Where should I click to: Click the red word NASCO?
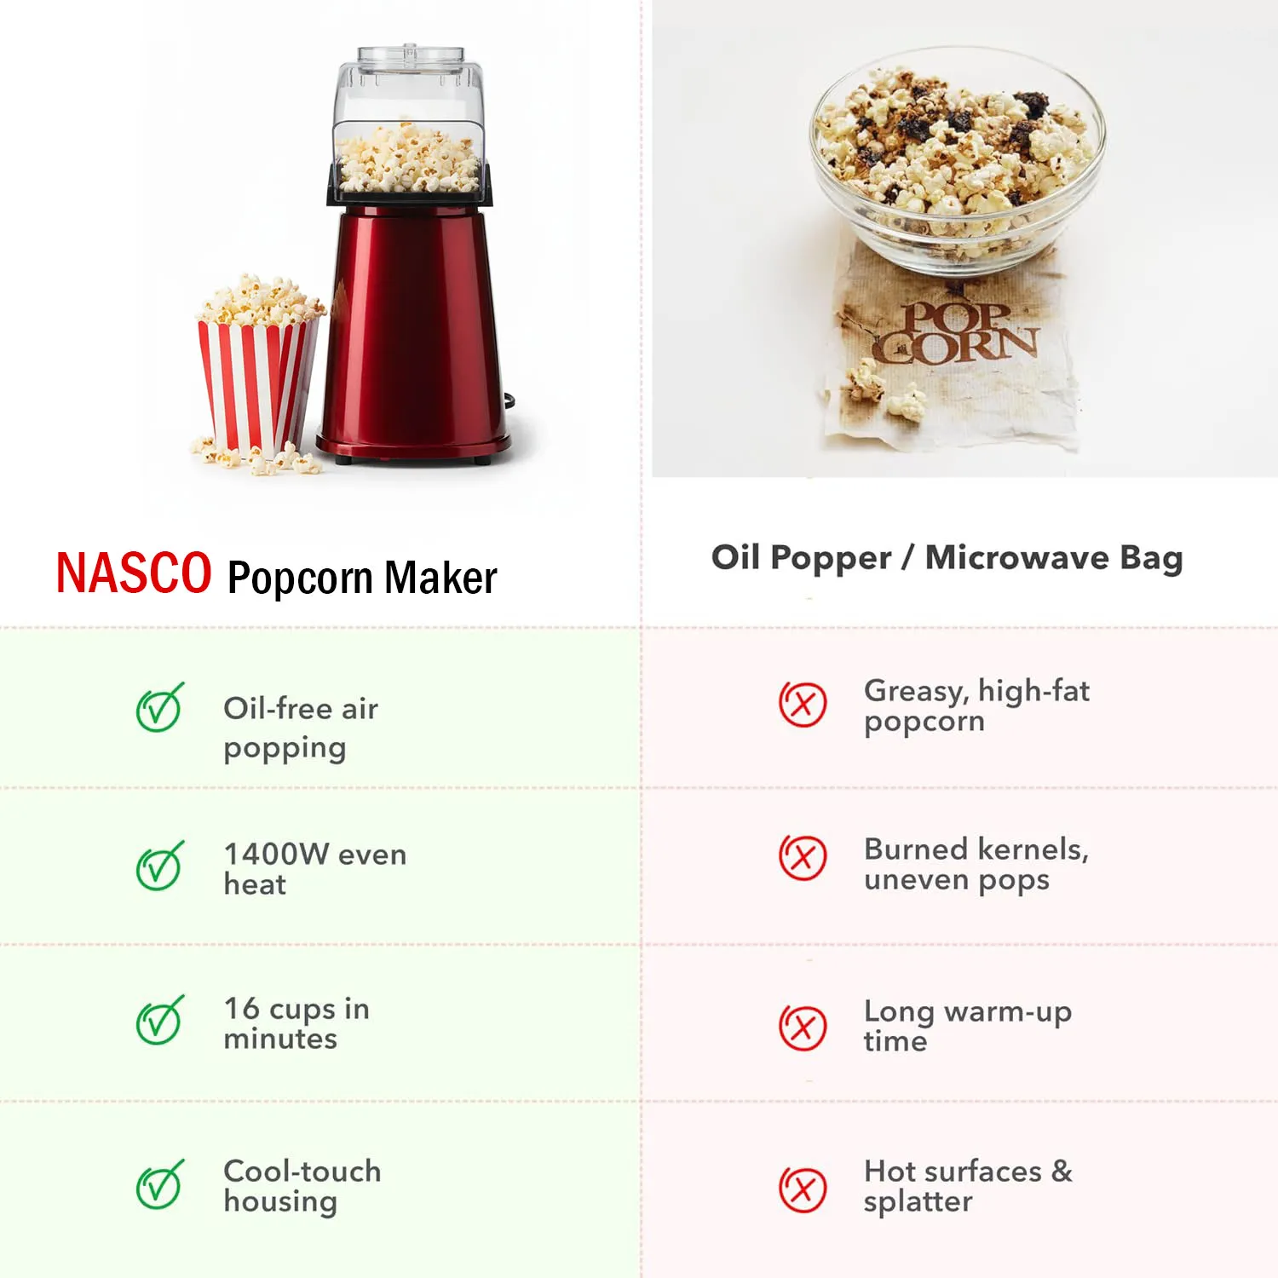(x=134, y=573)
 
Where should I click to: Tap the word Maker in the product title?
(x=440, y=578)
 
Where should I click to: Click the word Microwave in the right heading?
(x=1017, y=558)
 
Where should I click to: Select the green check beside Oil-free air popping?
(x=159, y=707)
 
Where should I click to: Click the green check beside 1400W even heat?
(x=159, y=866)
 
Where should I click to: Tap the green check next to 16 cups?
(x=159, y=1021)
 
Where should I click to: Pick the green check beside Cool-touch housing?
(x=159, y=1184)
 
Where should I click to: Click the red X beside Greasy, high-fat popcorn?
(x=803, y=704)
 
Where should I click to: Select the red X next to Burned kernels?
(x=803, y=857)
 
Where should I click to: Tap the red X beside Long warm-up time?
(x=803, y=1028)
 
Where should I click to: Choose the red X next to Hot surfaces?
(x=803, y=1189)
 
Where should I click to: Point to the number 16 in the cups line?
(x=241, y=1008)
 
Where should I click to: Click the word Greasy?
(x=916, y=692)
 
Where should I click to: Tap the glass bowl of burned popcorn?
(x=956, y=162)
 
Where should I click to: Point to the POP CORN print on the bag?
(x=956, y=333)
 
